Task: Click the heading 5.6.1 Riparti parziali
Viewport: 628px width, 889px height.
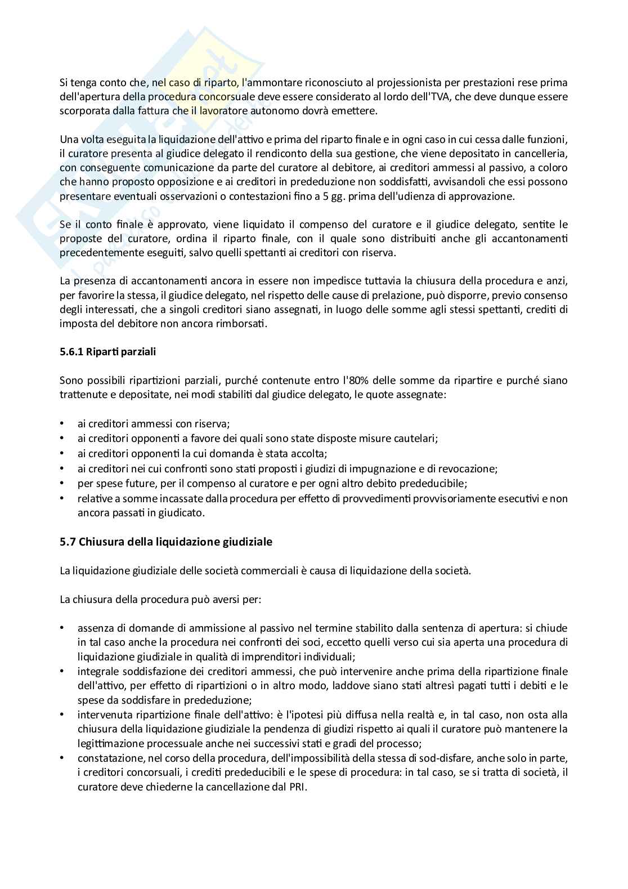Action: (107, 352)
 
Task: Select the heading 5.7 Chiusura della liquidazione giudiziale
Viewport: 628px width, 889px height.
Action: (166, 542)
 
